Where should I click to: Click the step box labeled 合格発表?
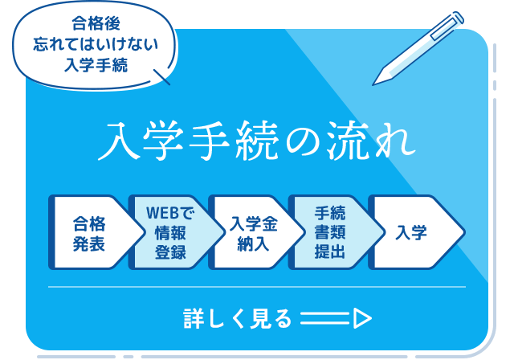point(89,232)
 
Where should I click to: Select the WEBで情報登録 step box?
point(170,232)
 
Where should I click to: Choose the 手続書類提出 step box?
point(330,232)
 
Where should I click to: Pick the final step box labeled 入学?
point(412,232)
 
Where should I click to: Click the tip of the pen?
point(375,81)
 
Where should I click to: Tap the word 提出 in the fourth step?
point(330,252)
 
